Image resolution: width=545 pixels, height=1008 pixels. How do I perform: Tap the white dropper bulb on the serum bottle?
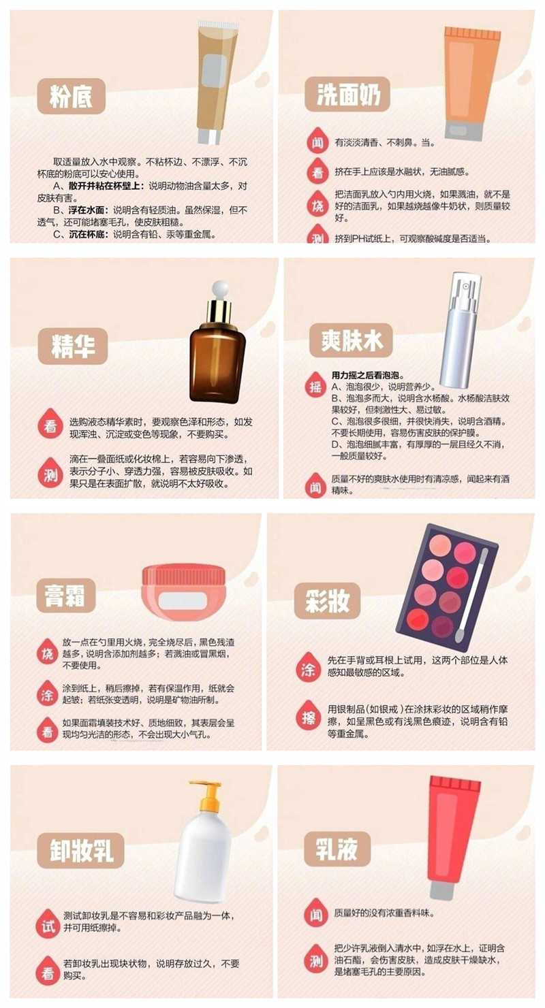pos(219,288)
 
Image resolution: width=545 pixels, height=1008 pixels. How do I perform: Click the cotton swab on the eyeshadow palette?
pos(474,583)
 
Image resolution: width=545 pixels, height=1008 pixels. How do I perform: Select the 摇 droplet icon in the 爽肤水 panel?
pos(316,385)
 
